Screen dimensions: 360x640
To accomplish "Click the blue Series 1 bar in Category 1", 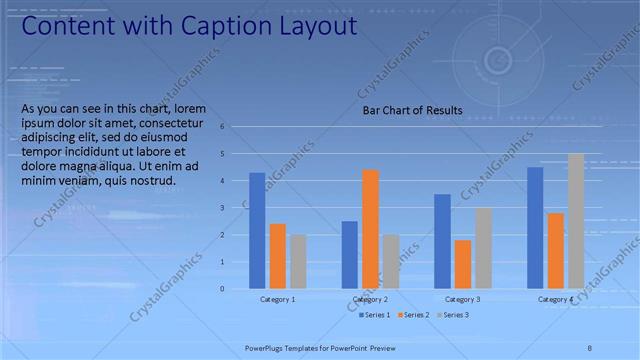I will click(x=257, y=231).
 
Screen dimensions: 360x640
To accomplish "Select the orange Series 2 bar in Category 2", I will click(x=370, y=229).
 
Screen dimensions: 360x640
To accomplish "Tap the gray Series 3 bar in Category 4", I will click(x=576, y=221).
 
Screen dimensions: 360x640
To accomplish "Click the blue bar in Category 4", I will click(x=535, y=228).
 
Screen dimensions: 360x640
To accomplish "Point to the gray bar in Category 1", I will click(x=298, y=262).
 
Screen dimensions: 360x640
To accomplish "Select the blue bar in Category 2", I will click(x=349, y=255).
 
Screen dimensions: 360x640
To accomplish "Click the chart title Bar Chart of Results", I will click(x=412, y=110).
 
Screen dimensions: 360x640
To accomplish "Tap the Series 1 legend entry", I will click(x=375, y=315).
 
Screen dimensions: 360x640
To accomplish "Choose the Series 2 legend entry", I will click(x=412, y=315).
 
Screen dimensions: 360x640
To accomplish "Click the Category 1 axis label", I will click(x=277, y=299).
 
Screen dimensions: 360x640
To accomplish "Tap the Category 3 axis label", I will click(x=463, y=299).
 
